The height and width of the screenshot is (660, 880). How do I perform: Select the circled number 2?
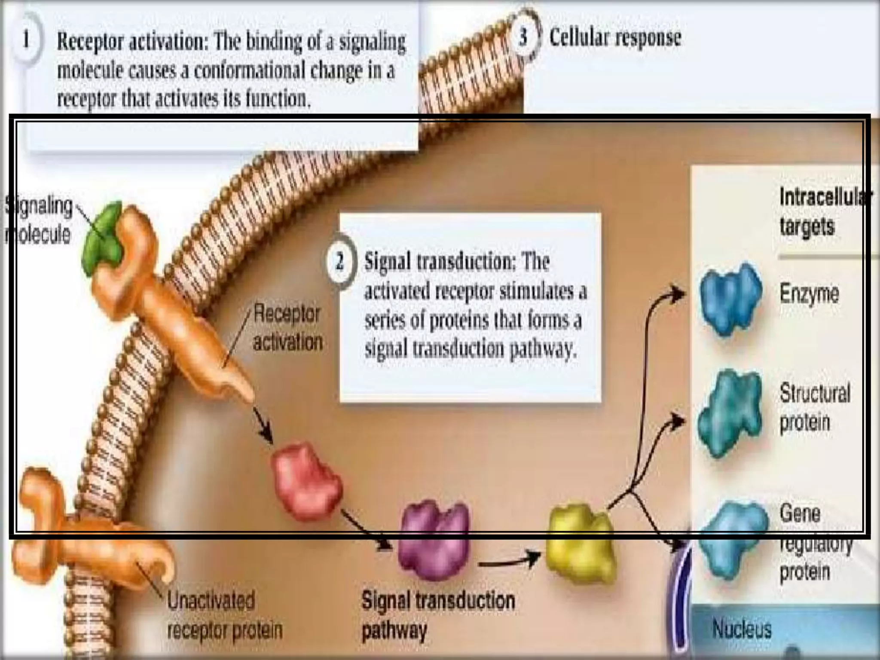340,261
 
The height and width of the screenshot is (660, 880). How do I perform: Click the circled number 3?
523,37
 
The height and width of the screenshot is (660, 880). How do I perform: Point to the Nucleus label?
742,629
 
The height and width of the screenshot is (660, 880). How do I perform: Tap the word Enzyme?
809,294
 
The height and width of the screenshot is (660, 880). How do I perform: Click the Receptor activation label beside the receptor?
287,328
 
